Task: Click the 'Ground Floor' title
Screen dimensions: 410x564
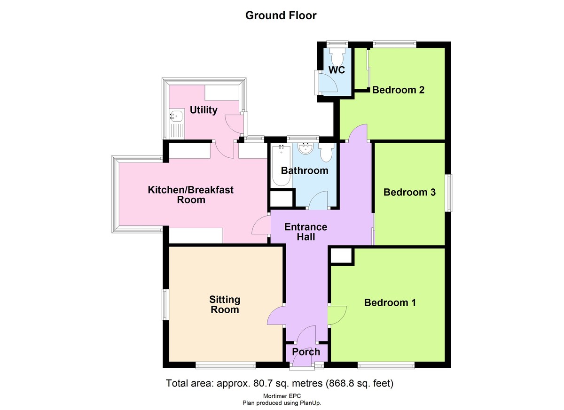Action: (x=281, y=15)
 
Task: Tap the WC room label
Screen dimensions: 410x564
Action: (x=337, y=70)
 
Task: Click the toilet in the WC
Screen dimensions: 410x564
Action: (x=337, y=57)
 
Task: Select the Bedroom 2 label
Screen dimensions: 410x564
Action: (x=398, y=90)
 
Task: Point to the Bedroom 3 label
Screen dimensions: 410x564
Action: (x=409, y=192)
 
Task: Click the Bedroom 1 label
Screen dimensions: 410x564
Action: (x=390, y=302)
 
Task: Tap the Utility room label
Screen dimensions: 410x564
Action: (x=204, y=110)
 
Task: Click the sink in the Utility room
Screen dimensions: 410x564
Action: (x=177, y=116)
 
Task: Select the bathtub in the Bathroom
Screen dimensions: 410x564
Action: (x=281, y=165)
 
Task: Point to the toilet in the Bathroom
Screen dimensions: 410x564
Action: (x=326, y=152)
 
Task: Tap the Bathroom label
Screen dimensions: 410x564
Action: (x=304, y=170)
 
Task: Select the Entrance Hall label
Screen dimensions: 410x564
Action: (x=305, y=232)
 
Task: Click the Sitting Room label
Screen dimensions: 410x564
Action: (x=225, y=304)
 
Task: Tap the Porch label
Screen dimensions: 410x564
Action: (x=306, y=352)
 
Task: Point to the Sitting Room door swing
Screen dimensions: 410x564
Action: (x=276, y=316)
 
